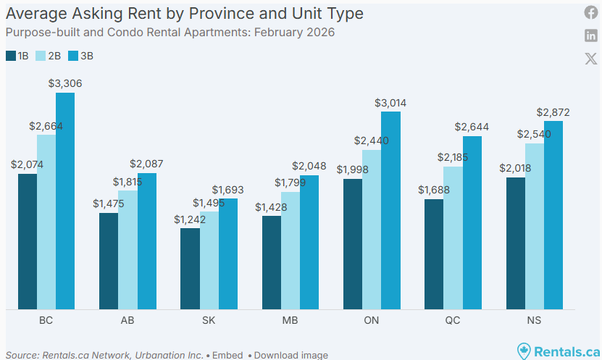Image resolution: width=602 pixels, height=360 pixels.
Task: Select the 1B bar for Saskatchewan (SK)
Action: pyautogui.click(x=190, y=269)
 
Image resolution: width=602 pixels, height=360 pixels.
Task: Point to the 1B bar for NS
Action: pyautogui.click(x=516, y=243)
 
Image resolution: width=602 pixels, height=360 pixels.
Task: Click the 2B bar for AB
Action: pyautogui.click(x=127, y=260)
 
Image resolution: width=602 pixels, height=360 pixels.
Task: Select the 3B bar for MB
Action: pyautogui.click(x=309, y=243)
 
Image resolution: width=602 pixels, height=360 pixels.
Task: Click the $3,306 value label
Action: pyautogui.click(x=65, y=83)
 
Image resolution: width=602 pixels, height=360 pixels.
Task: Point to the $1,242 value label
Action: pyautogui.click(x=190, y=219)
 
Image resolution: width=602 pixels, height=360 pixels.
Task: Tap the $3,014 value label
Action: pyautogui.click(x=390, y=103)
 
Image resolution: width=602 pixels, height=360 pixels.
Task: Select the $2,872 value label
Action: pyautogui.click(x=553, y=112)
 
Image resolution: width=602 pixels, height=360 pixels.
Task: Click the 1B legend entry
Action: pyautogui.click(x=17, y=56)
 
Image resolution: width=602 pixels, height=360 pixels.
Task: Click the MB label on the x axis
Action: pyautogui.click(x=290, y=320)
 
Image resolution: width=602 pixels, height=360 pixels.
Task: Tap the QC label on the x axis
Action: pyautogui.click(x=453, y=320)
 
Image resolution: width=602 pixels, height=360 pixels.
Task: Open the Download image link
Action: pyautogui.click(x=290, y=355)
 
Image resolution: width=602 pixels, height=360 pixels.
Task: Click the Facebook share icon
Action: pyautogui.click(x=591, y=12)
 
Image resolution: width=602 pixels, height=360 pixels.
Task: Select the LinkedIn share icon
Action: pyautogui.click(x=591, y=35)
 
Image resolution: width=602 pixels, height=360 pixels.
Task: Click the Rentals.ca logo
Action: pyautogui.click(x=557, y=351)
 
